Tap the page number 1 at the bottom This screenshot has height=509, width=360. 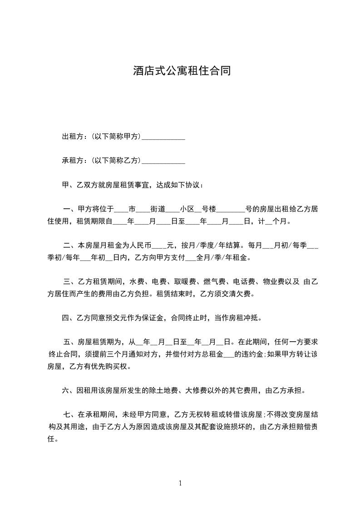(x=180, y=483)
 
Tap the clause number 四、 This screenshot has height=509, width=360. (x=69, y=318)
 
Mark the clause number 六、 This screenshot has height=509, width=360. (x=69, y=390)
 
